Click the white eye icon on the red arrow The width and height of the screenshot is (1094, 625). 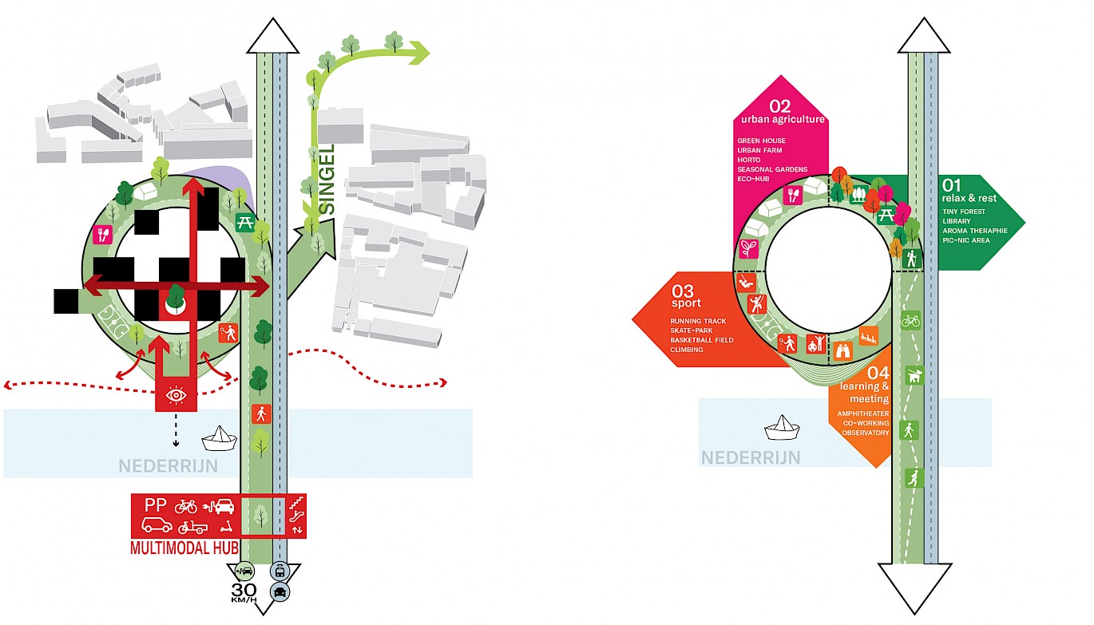176,395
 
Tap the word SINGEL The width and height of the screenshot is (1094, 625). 327,180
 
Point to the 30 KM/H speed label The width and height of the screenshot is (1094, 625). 244,594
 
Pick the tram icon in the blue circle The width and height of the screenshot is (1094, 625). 280,572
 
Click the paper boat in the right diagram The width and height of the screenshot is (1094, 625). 782,428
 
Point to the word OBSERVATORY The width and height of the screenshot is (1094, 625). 865,433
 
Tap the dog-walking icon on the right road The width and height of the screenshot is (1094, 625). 911,375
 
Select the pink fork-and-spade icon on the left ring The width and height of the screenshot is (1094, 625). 102,235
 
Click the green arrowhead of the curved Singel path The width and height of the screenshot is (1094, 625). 418,53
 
